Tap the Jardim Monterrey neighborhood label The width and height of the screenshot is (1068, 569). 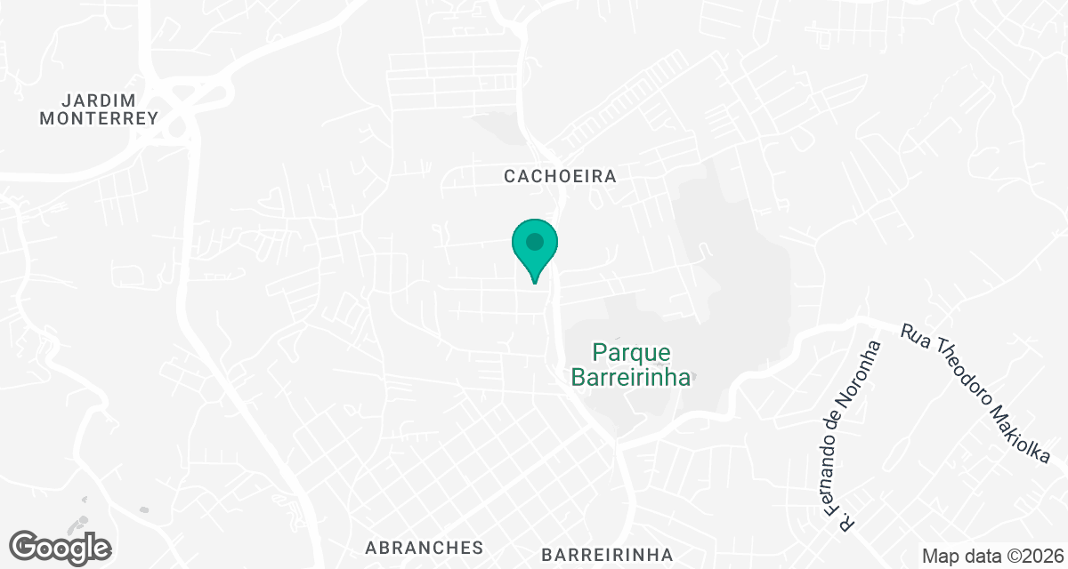pos(99,108)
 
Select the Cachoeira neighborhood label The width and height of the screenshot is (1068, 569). pos(560,176)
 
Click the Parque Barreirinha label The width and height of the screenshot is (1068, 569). pos(631,365)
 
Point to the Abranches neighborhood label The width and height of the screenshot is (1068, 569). pos(424,547)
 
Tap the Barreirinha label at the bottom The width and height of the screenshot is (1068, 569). pos(607,555)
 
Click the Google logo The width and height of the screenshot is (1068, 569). pos(61,547)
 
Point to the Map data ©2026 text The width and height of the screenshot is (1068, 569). pos(991,556)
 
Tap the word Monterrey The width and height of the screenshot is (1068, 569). pos(99,117)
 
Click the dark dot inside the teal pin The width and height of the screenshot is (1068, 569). pos(534,242)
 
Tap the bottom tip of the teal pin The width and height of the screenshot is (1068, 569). pos(534,283)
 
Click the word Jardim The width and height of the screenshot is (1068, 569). pos(99,99)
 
